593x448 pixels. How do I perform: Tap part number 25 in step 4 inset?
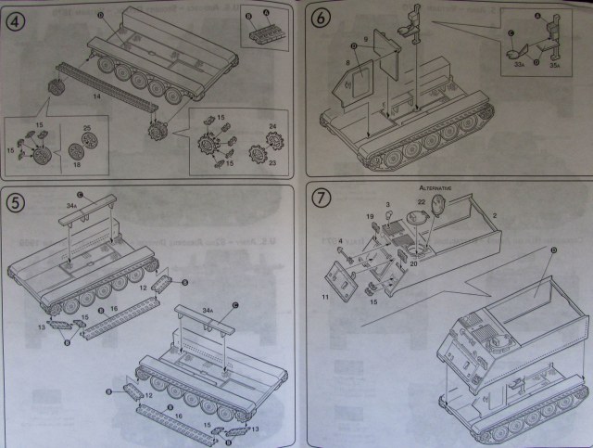pos(85,126)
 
